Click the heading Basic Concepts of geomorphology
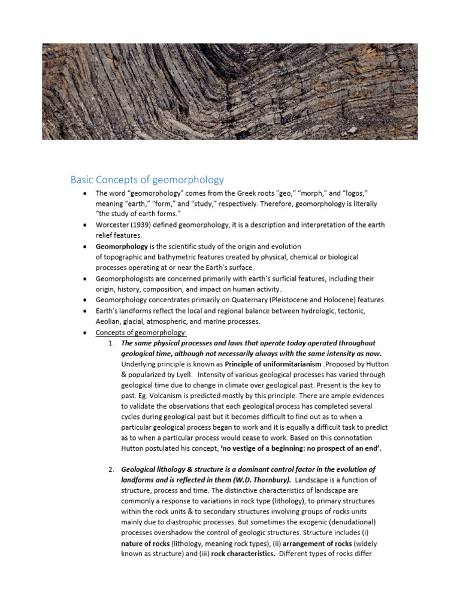pos(147,180)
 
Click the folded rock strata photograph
pos(230,91)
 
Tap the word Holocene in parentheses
pos(341,299)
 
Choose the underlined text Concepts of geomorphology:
pos(141,332)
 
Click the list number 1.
pos(111,343)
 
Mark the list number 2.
pos(111,469)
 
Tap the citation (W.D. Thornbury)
pos(258,480)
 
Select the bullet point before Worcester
pos(86,225)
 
